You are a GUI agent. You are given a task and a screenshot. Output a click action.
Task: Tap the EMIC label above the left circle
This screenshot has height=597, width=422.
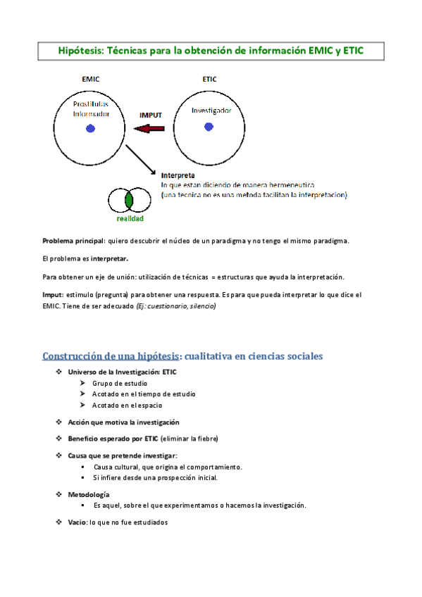tap(91, 80)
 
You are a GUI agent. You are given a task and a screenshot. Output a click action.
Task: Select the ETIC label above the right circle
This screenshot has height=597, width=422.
tap(209, 80)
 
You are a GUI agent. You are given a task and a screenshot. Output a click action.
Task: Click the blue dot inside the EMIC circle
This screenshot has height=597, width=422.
tap(90, 128)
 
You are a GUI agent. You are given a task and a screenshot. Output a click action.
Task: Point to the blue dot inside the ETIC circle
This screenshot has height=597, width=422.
tap(209, 127)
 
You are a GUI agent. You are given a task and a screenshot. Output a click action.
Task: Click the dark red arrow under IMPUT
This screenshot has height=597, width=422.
tap(149, 128)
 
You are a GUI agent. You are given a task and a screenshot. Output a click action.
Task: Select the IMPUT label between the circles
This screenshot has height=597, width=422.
tap(151, 114)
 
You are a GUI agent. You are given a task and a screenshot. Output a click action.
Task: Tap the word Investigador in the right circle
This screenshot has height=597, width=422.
tap(211, 111)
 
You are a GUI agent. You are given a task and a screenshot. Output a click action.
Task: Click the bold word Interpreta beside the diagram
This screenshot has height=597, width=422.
tap(178, 175)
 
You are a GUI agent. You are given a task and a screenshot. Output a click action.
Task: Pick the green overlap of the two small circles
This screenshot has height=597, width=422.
tap(129, 201)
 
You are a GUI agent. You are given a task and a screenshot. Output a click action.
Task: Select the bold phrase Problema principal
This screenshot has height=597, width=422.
tap(74, 241)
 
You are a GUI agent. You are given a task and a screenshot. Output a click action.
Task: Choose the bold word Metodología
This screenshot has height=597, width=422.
tap(89, 495)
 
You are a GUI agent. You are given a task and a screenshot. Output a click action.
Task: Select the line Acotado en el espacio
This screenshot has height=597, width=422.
tap(127, 406)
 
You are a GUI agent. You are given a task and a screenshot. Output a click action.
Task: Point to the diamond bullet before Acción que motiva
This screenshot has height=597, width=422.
tap(59, 422)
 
